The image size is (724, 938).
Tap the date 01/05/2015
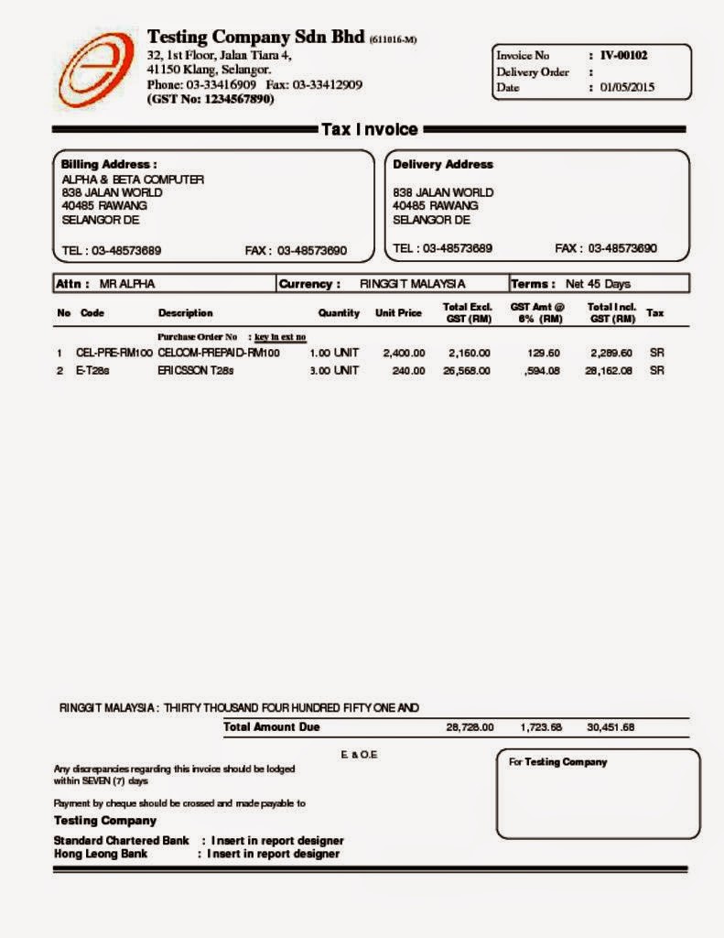tap(628, 88)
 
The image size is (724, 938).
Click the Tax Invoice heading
tap(369, 130)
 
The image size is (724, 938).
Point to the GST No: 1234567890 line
tap(211, 99)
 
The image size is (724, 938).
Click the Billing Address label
tap(109, 164)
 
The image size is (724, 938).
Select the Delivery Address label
tap(442, 164)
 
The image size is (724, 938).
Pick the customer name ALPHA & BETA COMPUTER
tap(133, 180)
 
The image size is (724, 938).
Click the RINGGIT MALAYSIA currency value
tap(413, 284)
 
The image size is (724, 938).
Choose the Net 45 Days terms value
tap(598, 284)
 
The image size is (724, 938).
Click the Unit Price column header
tap(398, 313)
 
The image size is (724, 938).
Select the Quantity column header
tap(339, 313)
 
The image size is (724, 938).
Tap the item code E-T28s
tap(92, 371)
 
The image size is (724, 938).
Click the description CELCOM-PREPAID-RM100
tap(219, 353)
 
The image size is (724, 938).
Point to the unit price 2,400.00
tap(404, 353)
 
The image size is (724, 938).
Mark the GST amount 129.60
tap(544, 353)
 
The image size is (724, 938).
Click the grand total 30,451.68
tap(611, 727)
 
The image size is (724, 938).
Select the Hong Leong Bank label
tap(101, 854)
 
